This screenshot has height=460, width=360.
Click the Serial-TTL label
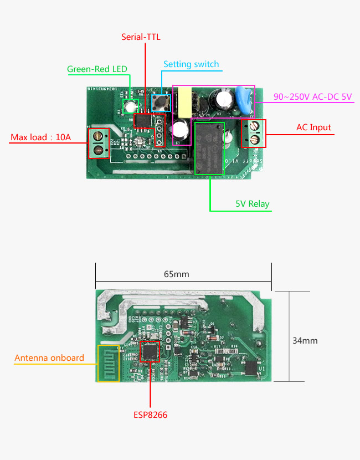click(141, 37)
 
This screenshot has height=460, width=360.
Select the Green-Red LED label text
click(97, 69)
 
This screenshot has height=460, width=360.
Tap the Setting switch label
click(191, 64)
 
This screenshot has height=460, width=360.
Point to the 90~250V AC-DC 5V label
click(313, 96)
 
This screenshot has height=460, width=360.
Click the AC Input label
click(313, 127)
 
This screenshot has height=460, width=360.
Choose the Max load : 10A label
click(41, 137)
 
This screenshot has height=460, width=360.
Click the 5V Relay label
click(252, 204)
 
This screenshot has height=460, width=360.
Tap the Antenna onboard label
click(49, 358)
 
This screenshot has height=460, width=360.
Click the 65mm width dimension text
click(177, 274)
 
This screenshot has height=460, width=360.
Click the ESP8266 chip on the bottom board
click(150, 351)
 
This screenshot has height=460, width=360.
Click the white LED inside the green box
click(131, 106)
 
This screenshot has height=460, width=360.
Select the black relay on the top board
click(209, 149)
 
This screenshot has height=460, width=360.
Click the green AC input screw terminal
click(254, 133)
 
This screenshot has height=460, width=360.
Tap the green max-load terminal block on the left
click(99, 142)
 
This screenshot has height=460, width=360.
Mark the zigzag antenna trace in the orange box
click(108, 363)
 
